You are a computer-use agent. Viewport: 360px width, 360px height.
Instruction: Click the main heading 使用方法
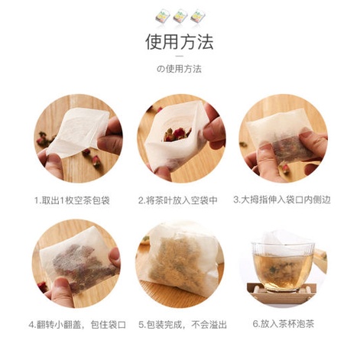click(180, 42)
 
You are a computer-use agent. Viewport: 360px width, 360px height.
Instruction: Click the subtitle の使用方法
click(179, 69)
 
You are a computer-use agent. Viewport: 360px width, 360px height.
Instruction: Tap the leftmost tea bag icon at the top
click(162, 18)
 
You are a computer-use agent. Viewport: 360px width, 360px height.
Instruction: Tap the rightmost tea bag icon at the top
click(197, 16)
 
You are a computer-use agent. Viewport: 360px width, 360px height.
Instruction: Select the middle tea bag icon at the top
click(180, 17)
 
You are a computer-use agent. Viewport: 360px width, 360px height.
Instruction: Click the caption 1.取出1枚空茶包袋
click(73, 200)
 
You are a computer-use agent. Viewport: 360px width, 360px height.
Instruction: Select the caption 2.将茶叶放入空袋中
click(178, 200)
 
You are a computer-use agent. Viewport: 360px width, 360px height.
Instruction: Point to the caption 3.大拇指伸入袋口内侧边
click(282, 199)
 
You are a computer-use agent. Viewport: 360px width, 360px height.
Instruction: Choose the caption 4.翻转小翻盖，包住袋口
click(77, 325)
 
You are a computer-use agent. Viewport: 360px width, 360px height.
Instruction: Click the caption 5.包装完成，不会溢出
click(183, 325)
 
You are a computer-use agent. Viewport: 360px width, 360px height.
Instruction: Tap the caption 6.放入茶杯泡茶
click(284, 324)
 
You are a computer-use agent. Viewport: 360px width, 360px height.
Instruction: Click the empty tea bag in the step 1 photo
click(78, 131)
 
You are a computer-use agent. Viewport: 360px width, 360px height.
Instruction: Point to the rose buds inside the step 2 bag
click(177, 135)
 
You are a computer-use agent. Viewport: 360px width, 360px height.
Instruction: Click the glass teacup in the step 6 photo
click(283, 266)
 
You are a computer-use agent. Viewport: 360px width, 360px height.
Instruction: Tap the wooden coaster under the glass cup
click(282, 293)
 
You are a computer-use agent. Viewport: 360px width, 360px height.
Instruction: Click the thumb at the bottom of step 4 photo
click(60, 290)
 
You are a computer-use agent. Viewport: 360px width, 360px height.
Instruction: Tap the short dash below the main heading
click(180, 56)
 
